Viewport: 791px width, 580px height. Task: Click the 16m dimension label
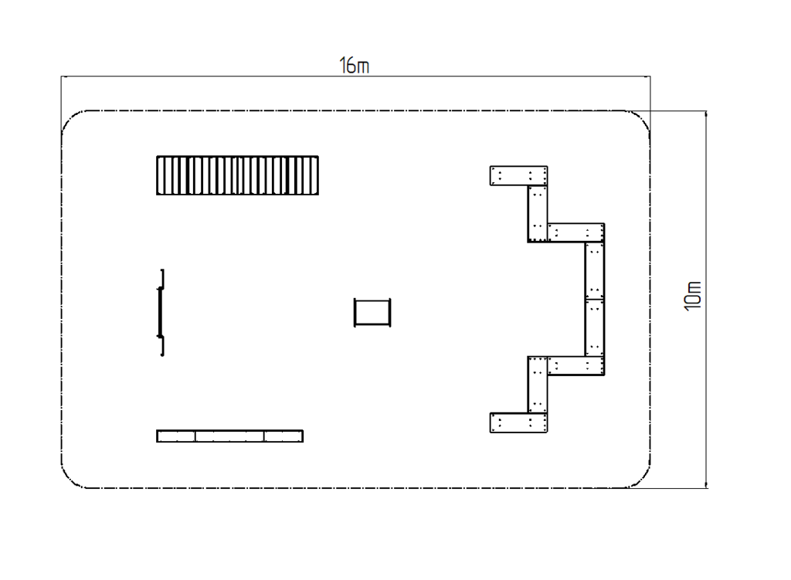[x=354, y=66]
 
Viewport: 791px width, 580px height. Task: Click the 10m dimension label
[x=693, y=296]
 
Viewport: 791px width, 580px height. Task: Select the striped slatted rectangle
[x=238, y=175]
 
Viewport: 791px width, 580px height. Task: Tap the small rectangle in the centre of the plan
[x=372, y=313]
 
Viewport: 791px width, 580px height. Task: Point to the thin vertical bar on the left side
[x=161, y=313]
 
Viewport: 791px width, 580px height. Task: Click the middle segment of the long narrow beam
[x=229, y=436]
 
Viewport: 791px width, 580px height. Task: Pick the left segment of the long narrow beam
[x=176, y=436]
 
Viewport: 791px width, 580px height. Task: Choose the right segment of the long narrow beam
[x=283, y=436]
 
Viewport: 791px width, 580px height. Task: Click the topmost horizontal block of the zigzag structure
[x=518, y=175]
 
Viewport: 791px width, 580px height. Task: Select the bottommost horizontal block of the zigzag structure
[x=518, y=422]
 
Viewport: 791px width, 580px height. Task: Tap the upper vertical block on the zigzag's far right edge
[x=595, y=271]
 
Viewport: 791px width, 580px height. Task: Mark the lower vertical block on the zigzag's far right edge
[x=595, y=327]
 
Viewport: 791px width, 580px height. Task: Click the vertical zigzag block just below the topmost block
[x=538, y=214]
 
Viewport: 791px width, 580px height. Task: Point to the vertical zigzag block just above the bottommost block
[x=538, y=385]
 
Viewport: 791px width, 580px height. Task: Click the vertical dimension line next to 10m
[x=706, y=300]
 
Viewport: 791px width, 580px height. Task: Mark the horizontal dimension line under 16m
[x=355, y=76]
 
